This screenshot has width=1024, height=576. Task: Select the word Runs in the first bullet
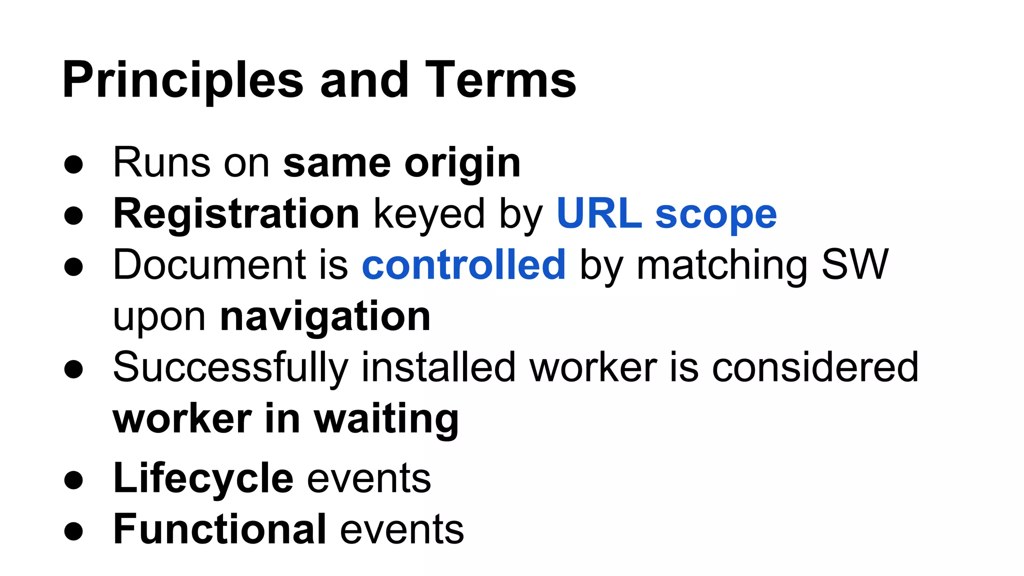point(161,162)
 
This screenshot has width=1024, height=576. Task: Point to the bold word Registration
point(236,214)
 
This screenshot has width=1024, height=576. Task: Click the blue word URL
point(599,214)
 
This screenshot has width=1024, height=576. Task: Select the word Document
point(209,264)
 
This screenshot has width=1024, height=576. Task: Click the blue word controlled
point(463,264)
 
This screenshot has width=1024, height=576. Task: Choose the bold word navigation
point(325,317)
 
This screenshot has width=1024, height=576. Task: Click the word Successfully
point(230,368)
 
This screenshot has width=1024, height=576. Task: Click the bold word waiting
point(386,420)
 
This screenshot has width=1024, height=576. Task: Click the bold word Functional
point(220,529)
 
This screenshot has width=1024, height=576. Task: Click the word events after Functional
point(402,529)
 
